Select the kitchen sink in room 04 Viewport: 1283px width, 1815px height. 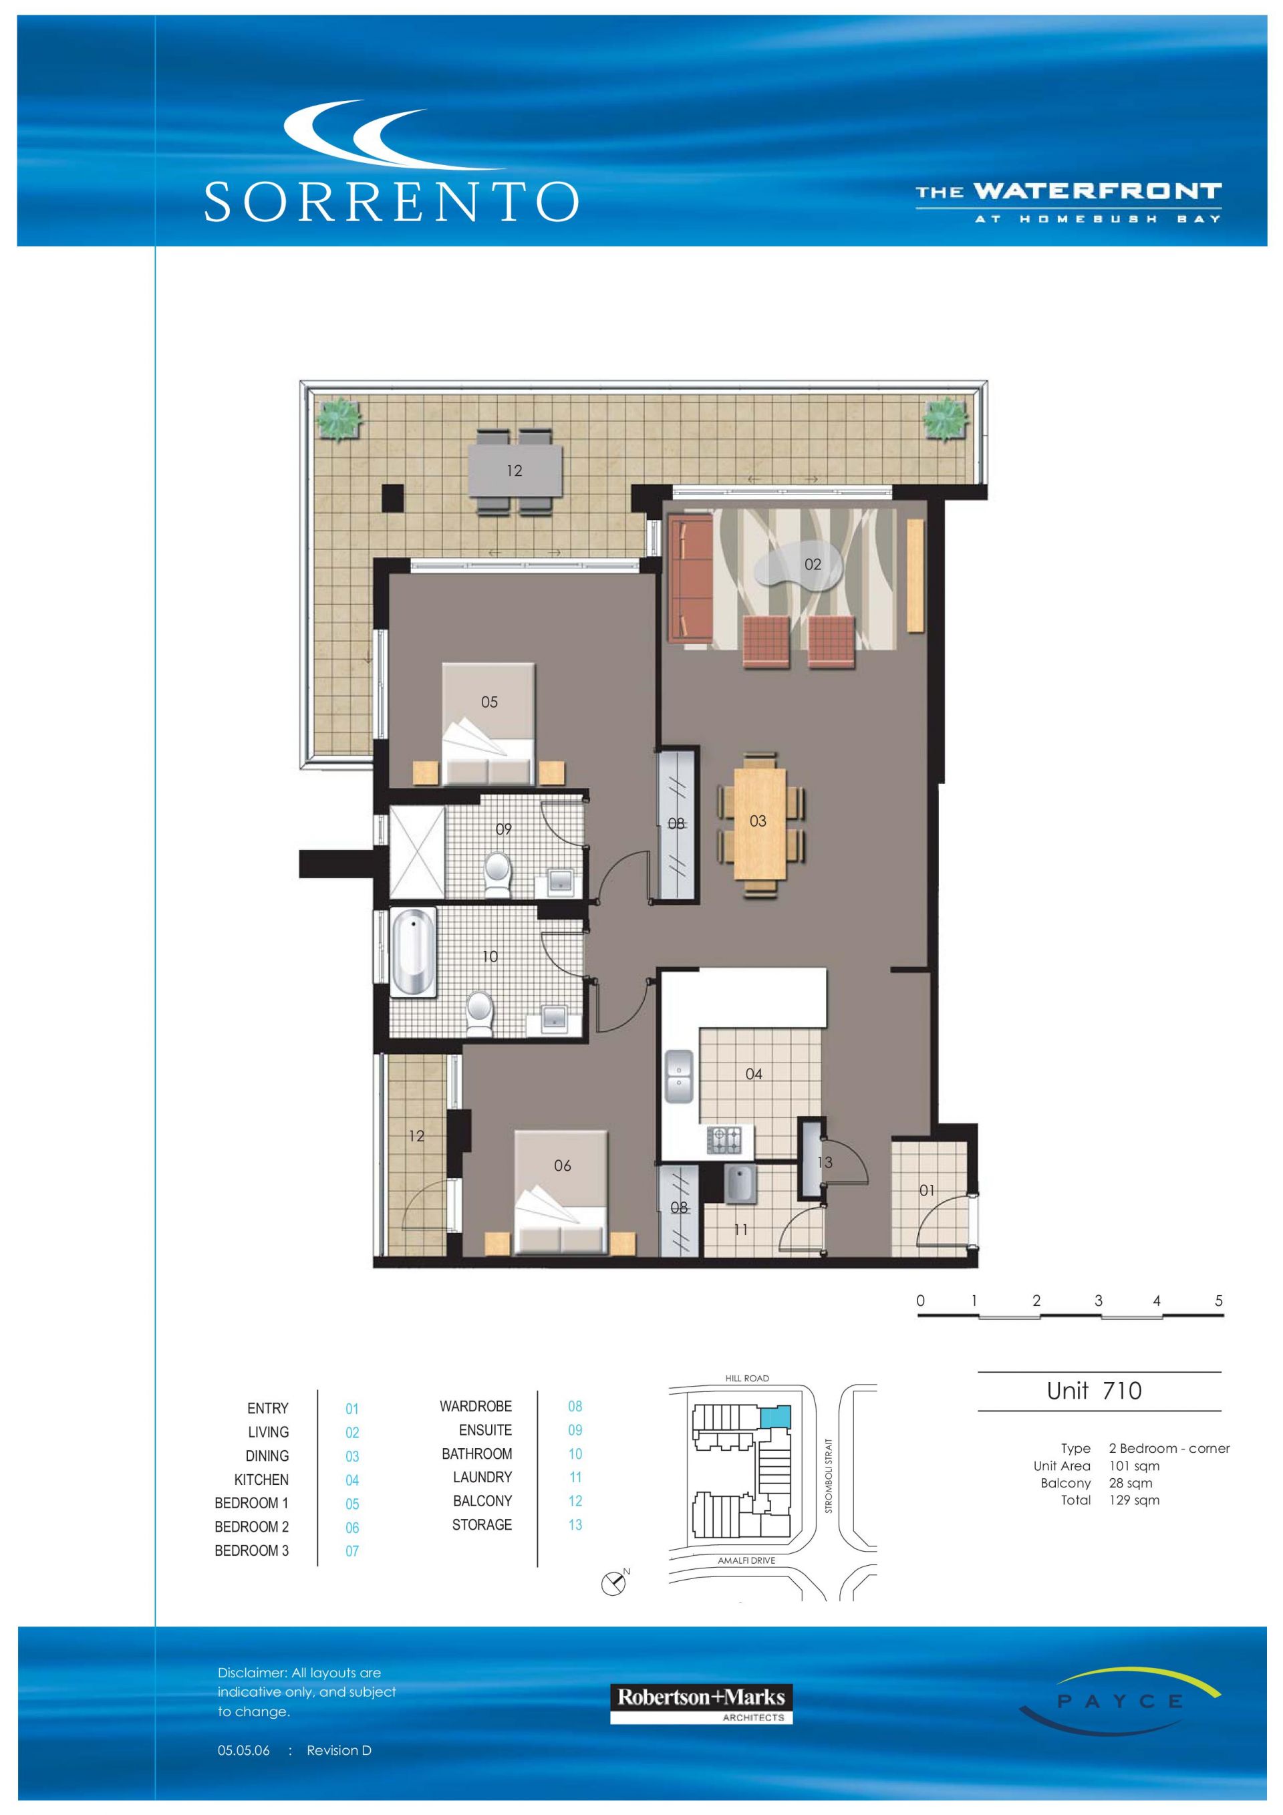(x=678, y=1076)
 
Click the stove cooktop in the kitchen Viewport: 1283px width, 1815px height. (x=726, y=1140)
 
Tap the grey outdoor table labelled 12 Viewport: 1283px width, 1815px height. (x=515, y=471)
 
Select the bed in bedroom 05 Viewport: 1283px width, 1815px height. (x=488, y=724)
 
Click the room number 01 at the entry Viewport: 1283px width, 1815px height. (x=926, y=1190)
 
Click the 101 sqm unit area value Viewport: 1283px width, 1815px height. (x=1135, y=1465)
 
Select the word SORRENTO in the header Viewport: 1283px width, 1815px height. (x=392, y=202)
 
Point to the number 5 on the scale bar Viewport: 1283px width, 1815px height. (x=1218, y=1300)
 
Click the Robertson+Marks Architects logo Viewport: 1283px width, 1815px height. (x=701, y=1703)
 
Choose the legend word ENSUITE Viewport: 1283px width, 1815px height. (x=485, y=1430)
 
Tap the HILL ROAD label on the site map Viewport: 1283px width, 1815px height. (x=747, y=1378)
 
